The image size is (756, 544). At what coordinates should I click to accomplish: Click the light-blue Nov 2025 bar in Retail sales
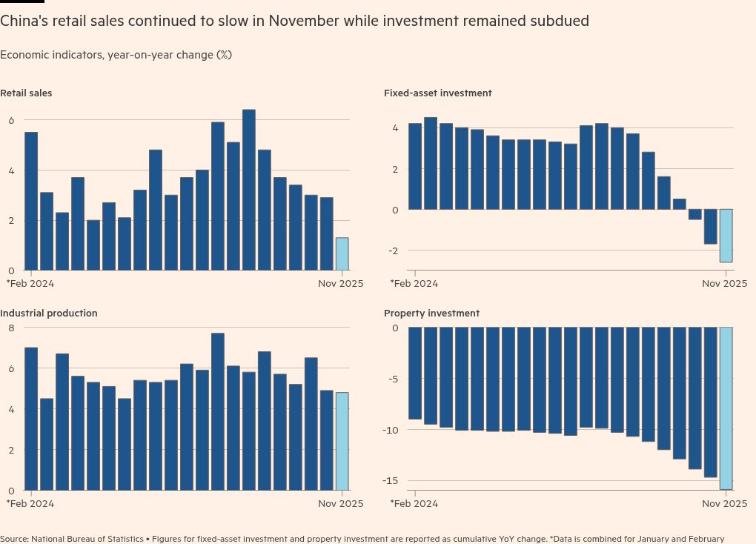[x=342, y=254]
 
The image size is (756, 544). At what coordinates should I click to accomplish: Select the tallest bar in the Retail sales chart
[x=249, y=190]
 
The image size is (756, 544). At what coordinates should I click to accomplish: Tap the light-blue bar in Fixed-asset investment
[x=726, y=236]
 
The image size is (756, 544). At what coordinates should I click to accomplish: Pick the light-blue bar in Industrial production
[x=342, y=441]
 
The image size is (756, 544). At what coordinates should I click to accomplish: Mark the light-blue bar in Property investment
[x=726, y=408]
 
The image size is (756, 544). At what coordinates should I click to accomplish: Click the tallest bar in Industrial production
[x=218, y=411]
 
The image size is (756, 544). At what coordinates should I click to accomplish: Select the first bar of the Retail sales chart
[x=31, y=201]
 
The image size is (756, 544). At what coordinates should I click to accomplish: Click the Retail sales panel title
[x=26, y=93]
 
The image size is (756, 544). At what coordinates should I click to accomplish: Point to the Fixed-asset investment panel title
[x=437, y=93]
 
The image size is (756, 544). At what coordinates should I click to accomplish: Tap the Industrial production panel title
[x=48, y=314]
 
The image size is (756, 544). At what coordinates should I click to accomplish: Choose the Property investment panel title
[x=431, y=314]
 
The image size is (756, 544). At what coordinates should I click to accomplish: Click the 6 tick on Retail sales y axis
[x=11, y=120]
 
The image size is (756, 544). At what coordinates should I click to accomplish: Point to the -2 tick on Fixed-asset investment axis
[x=395, y=251]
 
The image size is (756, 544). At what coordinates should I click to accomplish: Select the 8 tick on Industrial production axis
[x=11, y=328]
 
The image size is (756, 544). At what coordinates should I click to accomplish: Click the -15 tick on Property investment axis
[x=391, y=480]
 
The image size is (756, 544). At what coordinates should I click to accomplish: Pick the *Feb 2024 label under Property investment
[x=414, y=503]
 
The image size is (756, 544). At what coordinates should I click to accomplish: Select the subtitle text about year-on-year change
[x=116, y=55]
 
